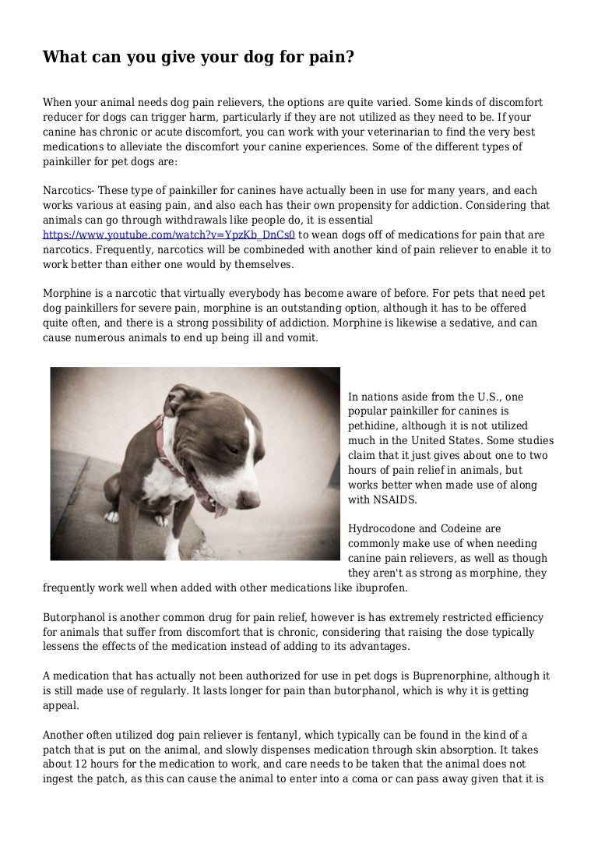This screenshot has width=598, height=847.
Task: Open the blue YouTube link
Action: coord(169,235)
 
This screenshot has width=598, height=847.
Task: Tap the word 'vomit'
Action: coord(300,337)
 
